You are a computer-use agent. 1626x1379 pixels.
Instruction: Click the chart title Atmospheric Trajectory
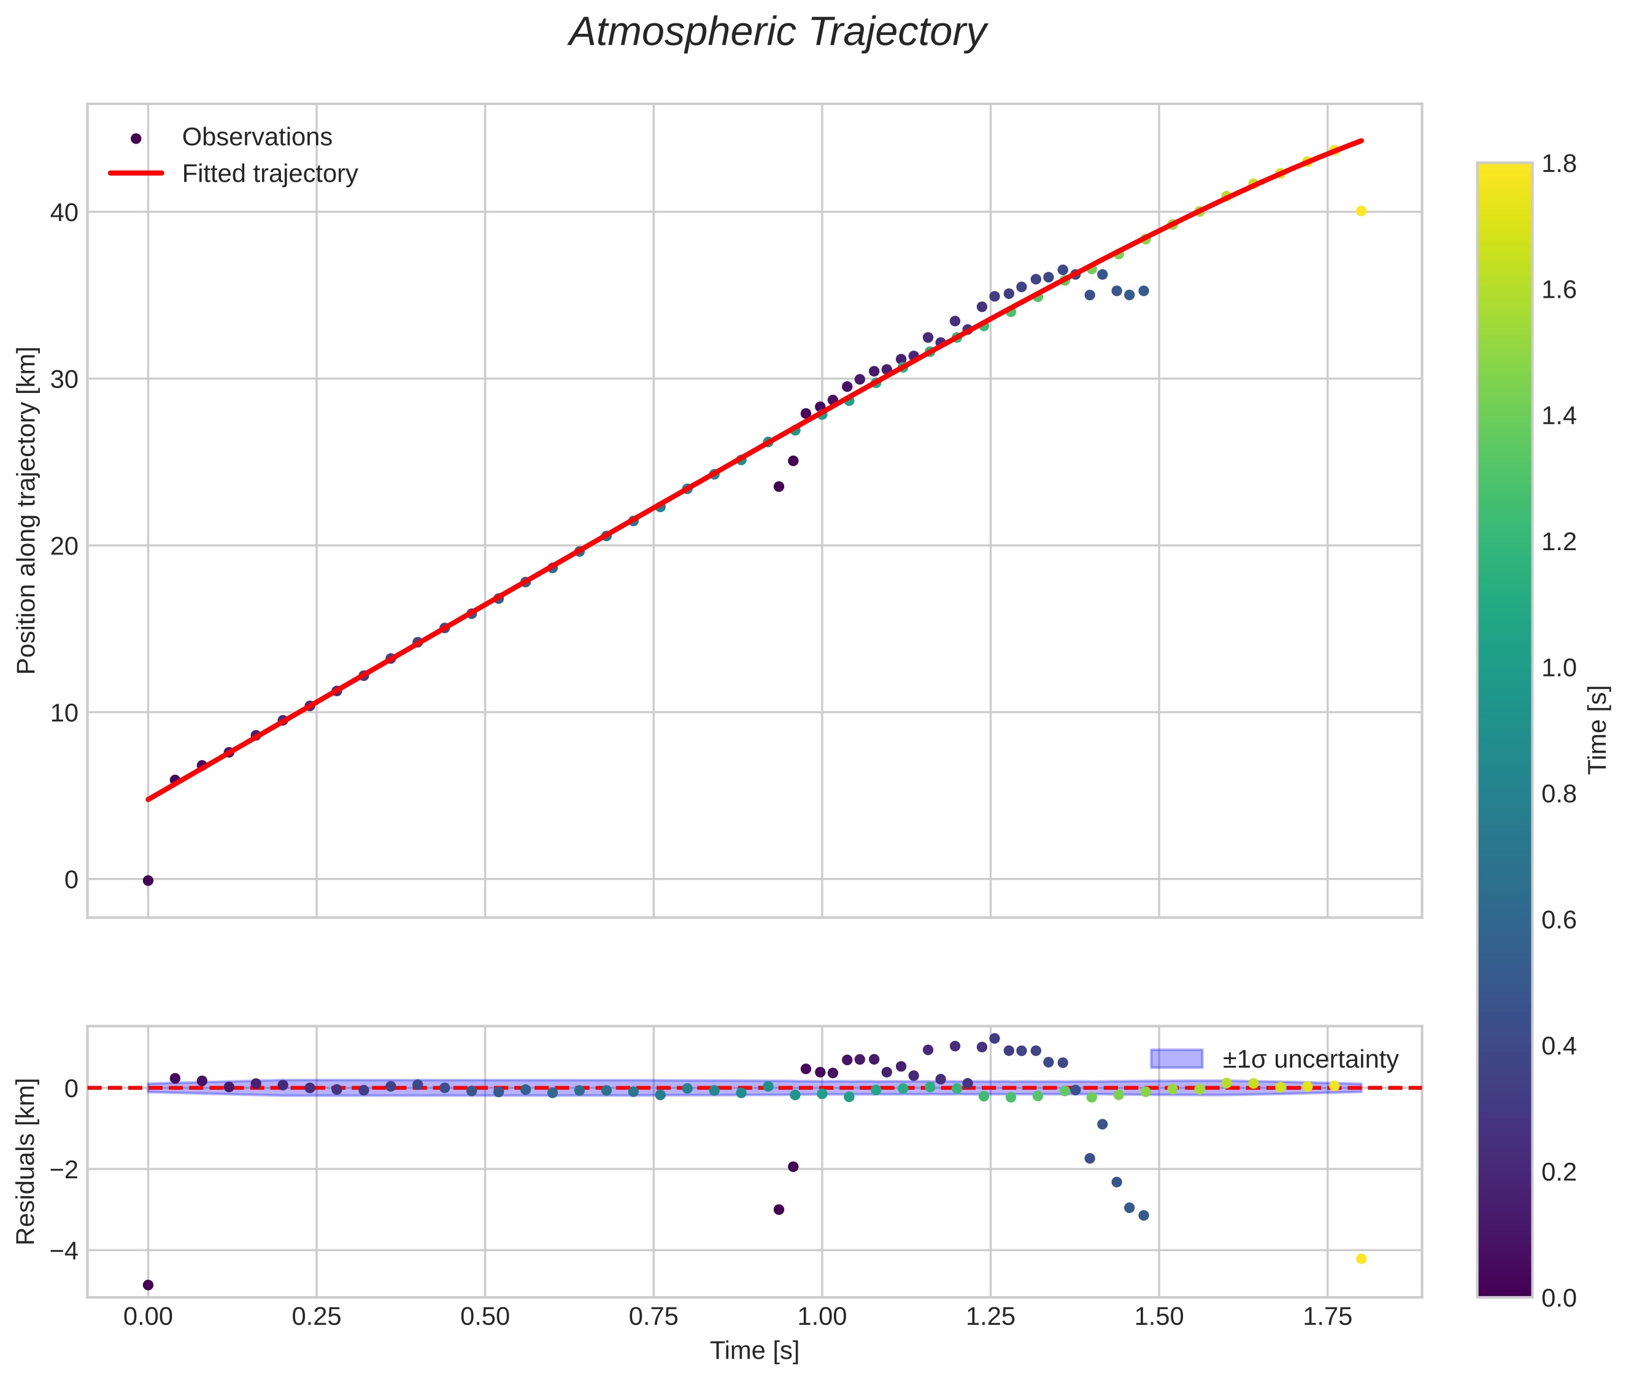777,33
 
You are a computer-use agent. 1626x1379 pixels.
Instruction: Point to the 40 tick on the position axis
64,212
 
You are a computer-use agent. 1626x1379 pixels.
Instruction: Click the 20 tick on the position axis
64,546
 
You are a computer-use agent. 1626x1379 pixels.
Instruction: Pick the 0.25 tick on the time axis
317,1317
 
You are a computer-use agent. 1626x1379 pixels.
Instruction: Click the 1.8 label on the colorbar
1558,164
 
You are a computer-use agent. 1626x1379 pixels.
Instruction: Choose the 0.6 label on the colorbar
1558,920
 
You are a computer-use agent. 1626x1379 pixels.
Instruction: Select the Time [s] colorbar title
1598,730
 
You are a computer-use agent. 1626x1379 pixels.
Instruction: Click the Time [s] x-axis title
754,1351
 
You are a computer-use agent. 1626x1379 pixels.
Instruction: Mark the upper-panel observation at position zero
148,880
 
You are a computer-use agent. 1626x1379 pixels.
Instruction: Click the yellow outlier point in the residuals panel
1361,1259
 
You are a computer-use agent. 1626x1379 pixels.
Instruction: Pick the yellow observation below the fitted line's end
1361,211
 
